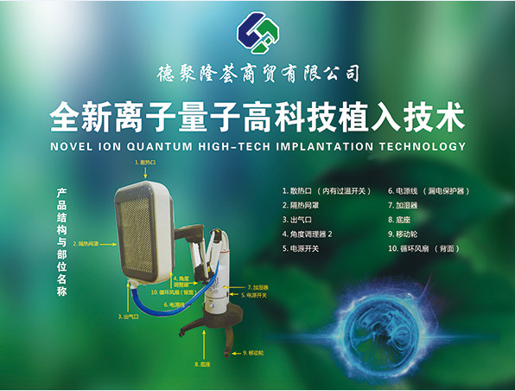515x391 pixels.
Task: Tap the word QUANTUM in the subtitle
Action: point(157,147)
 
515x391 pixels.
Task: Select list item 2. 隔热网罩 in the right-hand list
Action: point(302,205)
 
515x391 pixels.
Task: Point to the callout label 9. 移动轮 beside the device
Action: point(257,352)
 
